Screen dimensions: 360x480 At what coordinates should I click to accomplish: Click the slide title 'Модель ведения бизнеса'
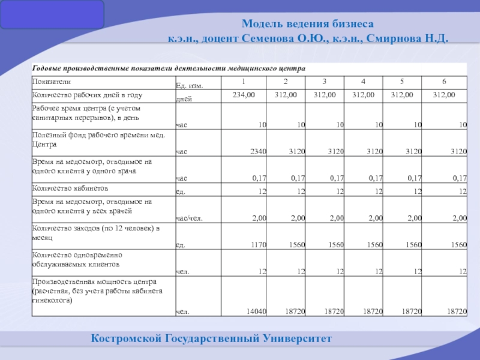(x=308, y=24)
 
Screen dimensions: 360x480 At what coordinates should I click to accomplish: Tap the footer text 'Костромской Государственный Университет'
(x=211, y=339)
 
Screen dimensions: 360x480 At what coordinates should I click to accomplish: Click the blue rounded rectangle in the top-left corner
(x=52, y=15)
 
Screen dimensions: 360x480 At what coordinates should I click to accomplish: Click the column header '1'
(x=244, y=82)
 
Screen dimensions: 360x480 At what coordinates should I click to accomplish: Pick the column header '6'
(x=443, y=82)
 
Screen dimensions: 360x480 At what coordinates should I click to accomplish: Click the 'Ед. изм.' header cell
(x=189, y=86)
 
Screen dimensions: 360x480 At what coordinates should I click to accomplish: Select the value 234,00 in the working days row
(x=244, y=95)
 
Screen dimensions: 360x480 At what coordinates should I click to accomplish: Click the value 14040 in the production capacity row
(x=257, y=311)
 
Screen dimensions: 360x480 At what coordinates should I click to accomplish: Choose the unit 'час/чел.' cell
(x=188, y=218)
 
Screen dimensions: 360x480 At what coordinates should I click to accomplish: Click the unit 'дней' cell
(x=184, y=98)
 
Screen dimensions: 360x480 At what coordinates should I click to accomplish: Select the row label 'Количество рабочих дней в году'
(x=87, y=95)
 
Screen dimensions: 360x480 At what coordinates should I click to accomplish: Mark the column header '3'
(x=324, y=82)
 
